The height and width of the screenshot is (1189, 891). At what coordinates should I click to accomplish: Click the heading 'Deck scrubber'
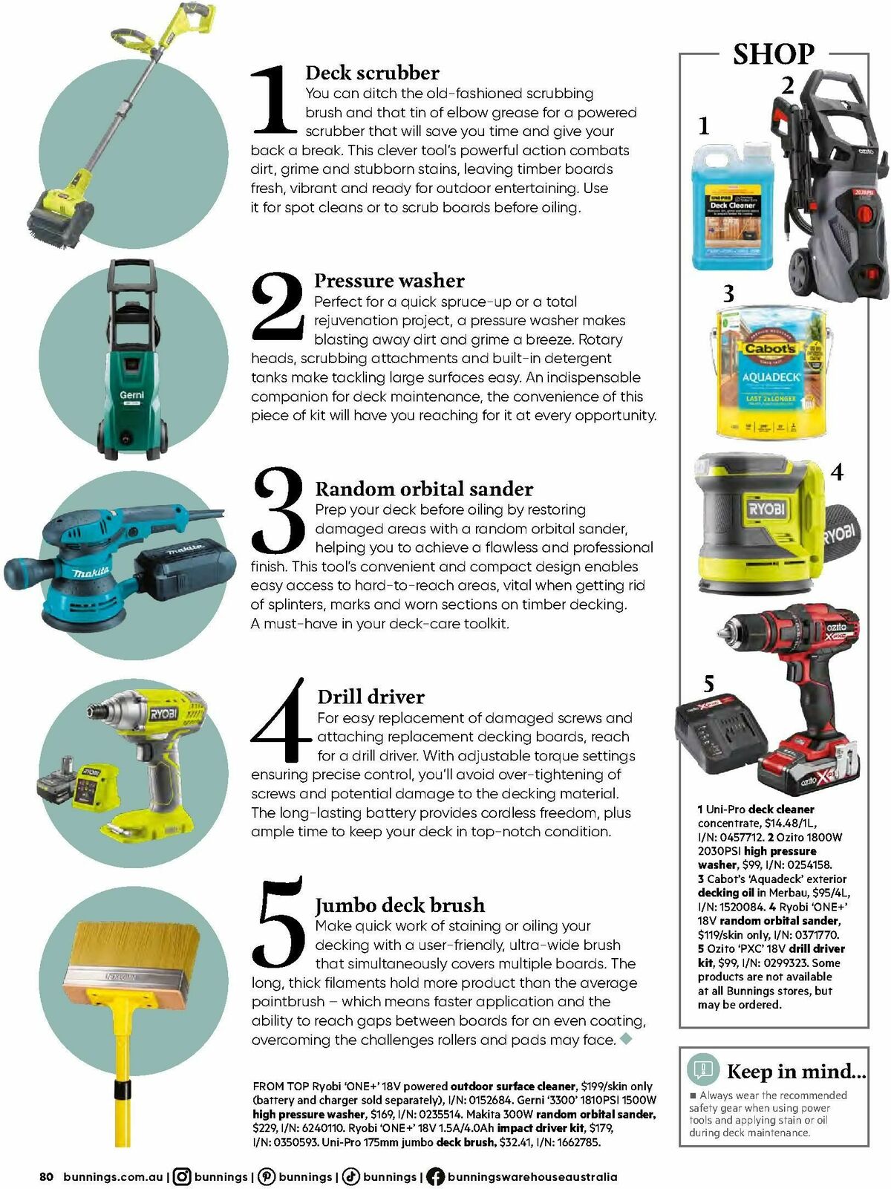(x=372, y=73)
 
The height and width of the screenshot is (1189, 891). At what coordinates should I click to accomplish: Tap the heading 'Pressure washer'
(x=389, y=281)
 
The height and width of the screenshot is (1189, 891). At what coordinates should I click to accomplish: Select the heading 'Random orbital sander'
(x=424, y=489)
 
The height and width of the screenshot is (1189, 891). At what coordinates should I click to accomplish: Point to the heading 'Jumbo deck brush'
(x=400, y=905)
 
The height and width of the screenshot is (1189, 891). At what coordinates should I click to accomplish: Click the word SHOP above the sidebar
(x=773, y=54)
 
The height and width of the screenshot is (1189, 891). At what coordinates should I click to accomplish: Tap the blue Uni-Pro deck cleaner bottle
(x=731, y=204)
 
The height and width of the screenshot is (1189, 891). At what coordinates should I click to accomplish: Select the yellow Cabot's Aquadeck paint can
(x=771, y=371)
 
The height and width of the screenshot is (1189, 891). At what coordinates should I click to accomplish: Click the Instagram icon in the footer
(x=182, y=1176)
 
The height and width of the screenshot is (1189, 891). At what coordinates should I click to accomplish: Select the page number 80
(x=46, y=1176)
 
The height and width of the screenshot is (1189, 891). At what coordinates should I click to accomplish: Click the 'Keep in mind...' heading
(x=796, y=1071)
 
